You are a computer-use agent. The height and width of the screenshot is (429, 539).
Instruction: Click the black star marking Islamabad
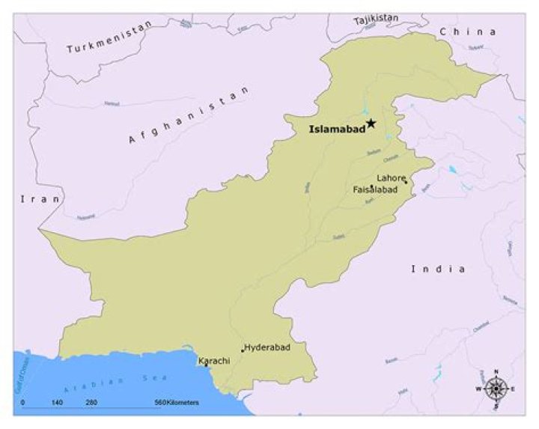371,124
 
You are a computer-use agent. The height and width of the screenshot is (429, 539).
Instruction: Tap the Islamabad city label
337,130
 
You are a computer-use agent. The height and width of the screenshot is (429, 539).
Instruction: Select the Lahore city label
391,178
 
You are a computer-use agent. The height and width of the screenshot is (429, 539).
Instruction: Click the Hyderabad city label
267,347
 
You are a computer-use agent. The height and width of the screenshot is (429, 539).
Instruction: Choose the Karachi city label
214,361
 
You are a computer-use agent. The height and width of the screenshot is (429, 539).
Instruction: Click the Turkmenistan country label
109,37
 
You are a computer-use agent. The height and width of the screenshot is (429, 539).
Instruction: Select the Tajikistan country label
376,17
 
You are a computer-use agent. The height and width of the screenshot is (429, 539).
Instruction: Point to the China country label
468,31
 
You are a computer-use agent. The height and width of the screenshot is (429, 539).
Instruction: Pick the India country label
438,269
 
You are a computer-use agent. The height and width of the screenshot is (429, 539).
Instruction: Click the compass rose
495,388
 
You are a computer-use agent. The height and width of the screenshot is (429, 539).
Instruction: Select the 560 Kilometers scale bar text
177,403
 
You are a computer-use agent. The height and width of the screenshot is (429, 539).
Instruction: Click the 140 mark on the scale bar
57,403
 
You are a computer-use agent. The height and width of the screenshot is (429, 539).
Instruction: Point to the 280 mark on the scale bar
91,403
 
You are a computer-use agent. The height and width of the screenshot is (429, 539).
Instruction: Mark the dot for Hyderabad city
242,350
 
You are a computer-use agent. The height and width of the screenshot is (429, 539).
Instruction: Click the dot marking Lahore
405,181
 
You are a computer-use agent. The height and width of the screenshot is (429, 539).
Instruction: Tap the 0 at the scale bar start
22,403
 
